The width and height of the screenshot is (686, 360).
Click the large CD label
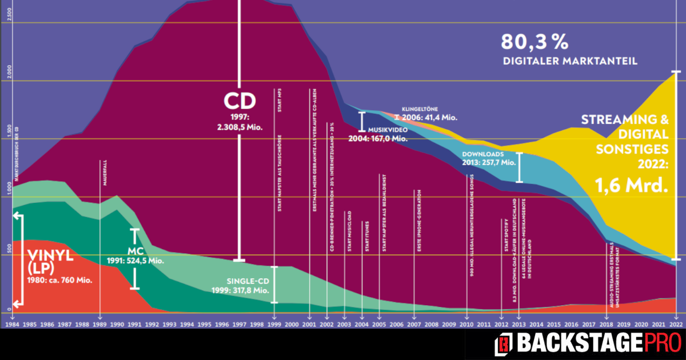(240, 101)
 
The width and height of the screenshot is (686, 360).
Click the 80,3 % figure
(534, 42)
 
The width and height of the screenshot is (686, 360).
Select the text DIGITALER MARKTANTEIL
(569, 61)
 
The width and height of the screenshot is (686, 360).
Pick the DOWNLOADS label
(482, 154)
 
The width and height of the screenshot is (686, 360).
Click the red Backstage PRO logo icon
(504, 343)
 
